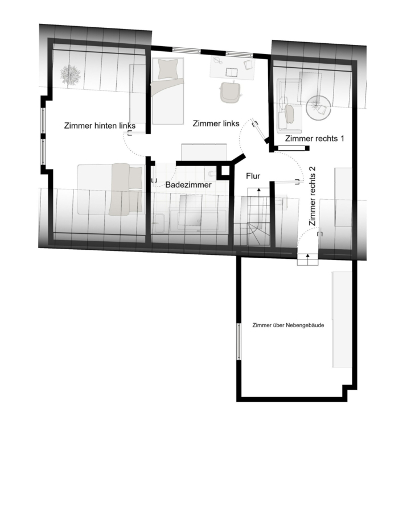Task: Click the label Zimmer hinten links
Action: click(x=100, y=126)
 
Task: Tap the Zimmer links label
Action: click(x=216, y=123)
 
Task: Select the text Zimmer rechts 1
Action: click(x=315, y=138)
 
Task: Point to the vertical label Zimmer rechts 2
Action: click(x=313, y=196)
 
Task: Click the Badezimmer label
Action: click(x=188, y=185)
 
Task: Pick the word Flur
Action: click(x=253, y=176)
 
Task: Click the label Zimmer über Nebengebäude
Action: click(x=288, y=325)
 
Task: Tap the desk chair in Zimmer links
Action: click(x=231, y=92)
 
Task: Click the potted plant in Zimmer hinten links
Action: click(x=70, y=75)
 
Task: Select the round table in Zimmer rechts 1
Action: click(x=318, y=108)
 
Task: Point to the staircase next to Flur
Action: click(x=258, y=217)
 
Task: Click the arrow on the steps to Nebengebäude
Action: click(x=308, y=259)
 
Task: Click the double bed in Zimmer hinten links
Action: click(x=111, y=189)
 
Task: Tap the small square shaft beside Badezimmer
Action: click(x=224, y=171)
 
